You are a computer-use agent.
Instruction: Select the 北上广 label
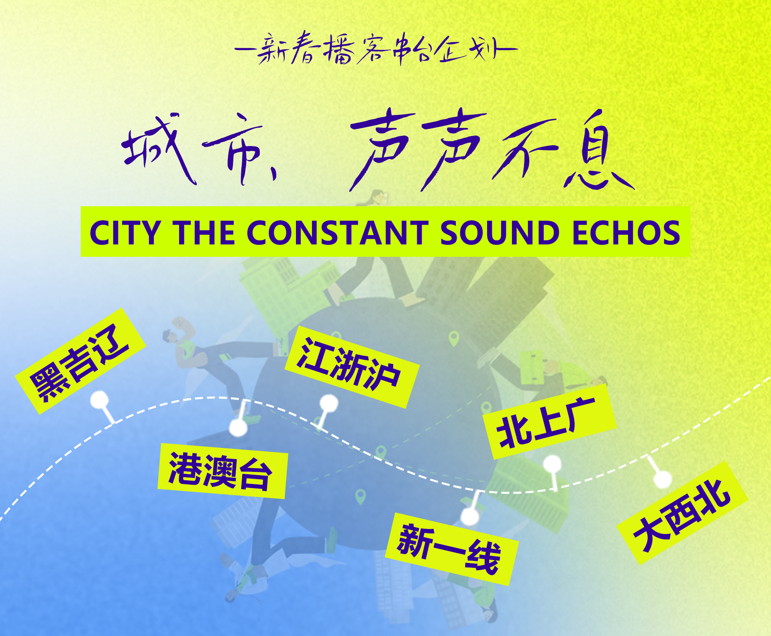coord(549,422)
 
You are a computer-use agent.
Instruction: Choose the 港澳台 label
coord(222,471)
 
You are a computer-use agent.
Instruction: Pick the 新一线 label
coord(452,549)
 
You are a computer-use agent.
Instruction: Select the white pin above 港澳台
coord(239,421)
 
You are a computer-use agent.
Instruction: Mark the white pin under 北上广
coord(553,469)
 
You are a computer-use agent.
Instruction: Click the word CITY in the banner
coord(125,233)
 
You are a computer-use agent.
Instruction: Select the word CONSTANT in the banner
coord(338,233)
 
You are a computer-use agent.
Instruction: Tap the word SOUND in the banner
coord(500,233)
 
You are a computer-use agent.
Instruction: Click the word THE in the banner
coord(204,233)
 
